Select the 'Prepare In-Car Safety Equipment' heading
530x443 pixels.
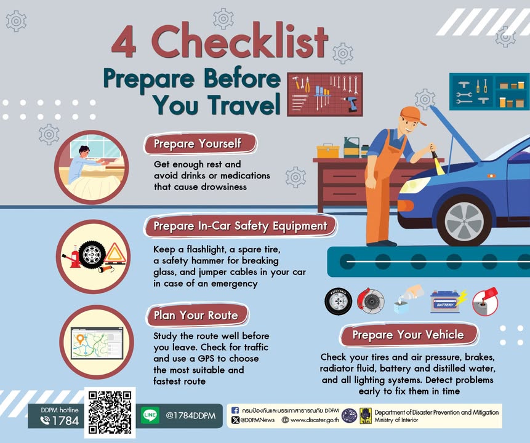240,226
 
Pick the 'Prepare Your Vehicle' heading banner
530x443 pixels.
408,335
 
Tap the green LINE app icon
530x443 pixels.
150,415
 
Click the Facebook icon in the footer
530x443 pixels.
235,410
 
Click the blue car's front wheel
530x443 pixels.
464,220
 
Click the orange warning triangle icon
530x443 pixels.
114,253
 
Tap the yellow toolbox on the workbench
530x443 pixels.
327,151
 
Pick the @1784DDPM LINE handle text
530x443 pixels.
190,415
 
